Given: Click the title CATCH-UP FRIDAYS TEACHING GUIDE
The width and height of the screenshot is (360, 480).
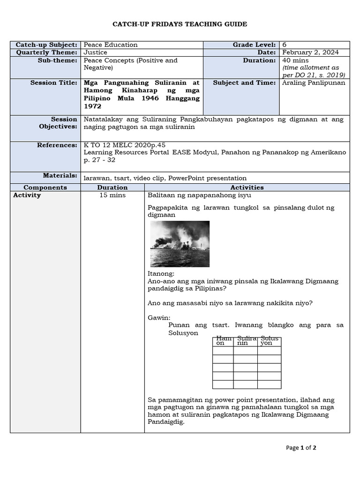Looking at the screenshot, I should point(180,24).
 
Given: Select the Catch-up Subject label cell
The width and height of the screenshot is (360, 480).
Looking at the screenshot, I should point(46,45).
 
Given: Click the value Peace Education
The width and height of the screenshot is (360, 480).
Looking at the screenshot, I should point(111,45).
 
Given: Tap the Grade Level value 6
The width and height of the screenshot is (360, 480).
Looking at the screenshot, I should point(285,45).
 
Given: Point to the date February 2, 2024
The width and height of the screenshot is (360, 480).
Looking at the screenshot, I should point(310,52).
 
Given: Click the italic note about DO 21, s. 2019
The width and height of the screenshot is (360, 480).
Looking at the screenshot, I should point(314,71).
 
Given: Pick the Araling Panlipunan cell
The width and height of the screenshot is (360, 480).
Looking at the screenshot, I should point(314,82).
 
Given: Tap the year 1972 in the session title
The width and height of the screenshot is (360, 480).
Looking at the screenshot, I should point(92,106).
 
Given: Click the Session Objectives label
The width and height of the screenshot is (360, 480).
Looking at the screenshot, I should point(58,123).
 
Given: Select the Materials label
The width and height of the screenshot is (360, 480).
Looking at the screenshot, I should point(60,175).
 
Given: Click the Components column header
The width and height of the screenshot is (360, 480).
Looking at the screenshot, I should point(45,187).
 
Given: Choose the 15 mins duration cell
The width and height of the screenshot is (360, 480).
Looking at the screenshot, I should point(112,195).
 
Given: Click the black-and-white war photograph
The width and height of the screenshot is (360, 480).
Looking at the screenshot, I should point(180,244).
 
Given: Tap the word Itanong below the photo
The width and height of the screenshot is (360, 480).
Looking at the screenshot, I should point(161,273).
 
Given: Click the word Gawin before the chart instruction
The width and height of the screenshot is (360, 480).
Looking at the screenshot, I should point(159,317).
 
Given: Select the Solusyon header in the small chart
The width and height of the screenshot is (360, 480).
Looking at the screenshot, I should point(269,340).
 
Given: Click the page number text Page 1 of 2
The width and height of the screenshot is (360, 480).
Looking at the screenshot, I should point(301,448).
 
